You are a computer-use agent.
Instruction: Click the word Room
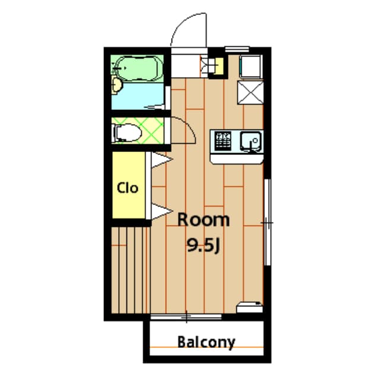click(204, 220)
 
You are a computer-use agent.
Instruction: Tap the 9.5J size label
click(204, 245)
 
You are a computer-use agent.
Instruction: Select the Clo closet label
click(127, 188)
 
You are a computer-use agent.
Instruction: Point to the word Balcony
click(206, 342)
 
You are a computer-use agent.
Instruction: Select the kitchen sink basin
click(251, 141)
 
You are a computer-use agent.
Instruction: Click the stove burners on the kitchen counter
click(223, 141)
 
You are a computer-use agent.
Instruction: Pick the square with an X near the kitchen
click(251, 93)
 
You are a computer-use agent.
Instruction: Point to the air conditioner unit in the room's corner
click(249, 307)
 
